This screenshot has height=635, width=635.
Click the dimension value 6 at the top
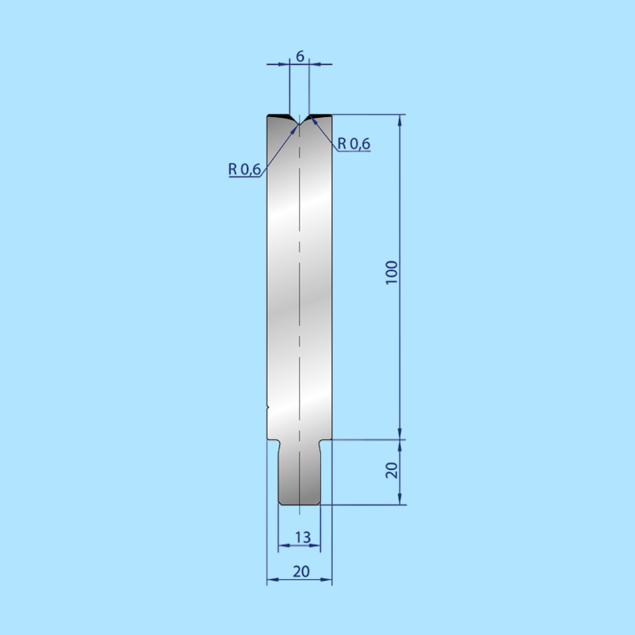click(x=300, y=57)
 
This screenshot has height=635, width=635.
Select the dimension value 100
click(x=392, y=272)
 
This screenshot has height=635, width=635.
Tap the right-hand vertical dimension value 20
click(x=392, y=470)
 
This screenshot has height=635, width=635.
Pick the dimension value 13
click(x=302, y=537)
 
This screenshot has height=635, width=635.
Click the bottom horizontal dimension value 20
click(x=301, y=571)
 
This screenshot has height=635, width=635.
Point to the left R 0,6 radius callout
click(x=244, y=169)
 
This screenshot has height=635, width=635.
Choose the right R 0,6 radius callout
click(x=354, y=144)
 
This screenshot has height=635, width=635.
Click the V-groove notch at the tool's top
click(x=300, y=121)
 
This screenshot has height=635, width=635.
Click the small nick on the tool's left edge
click(x=268, y=408)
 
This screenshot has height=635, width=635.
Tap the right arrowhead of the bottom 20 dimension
click(x=328, y=579)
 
